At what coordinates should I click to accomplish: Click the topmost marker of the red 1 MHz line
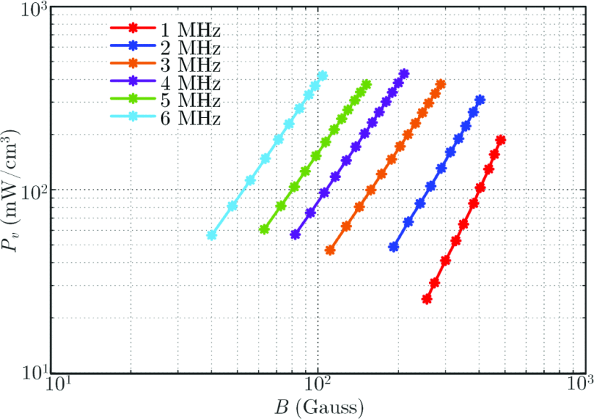click(x=500, y=140)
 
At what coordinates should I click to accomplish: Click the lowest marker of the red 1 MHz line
click(x=427, y=299)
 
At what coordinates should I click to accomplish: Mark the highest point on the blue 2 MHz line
click(x=480, y=100)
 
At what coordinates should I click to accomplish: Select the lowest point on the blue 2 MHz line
click(x=393, y=247)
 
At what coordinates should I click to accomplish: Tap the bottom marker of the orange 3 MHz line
click(x=330, y=250)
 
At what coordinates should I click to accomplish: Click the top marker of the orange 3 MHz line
click(x=440, y=85)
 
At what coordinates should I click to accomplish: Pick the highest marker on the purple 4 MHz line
click(x=404, y=74)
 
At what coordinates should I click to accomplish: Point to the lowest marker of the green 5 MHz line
click(x=264, y=229)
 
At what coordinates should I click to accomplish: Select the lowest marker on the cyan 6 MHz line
click(x=212, y=235)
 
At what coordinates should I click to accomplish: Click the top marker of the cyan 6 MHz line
click(x=322, y=75)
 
